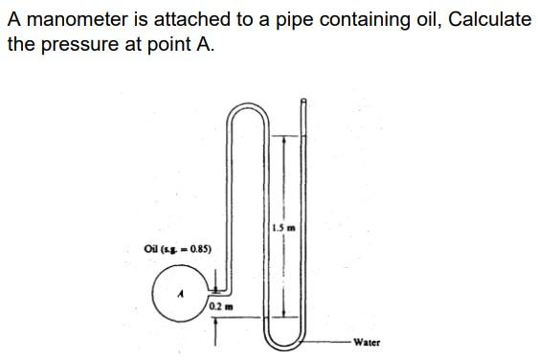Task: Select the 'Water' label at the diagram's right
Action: pos(366,342)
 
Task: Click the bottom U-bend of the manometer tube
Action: pos(286,340)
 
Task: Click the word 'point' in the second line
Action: pos(162,45)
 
